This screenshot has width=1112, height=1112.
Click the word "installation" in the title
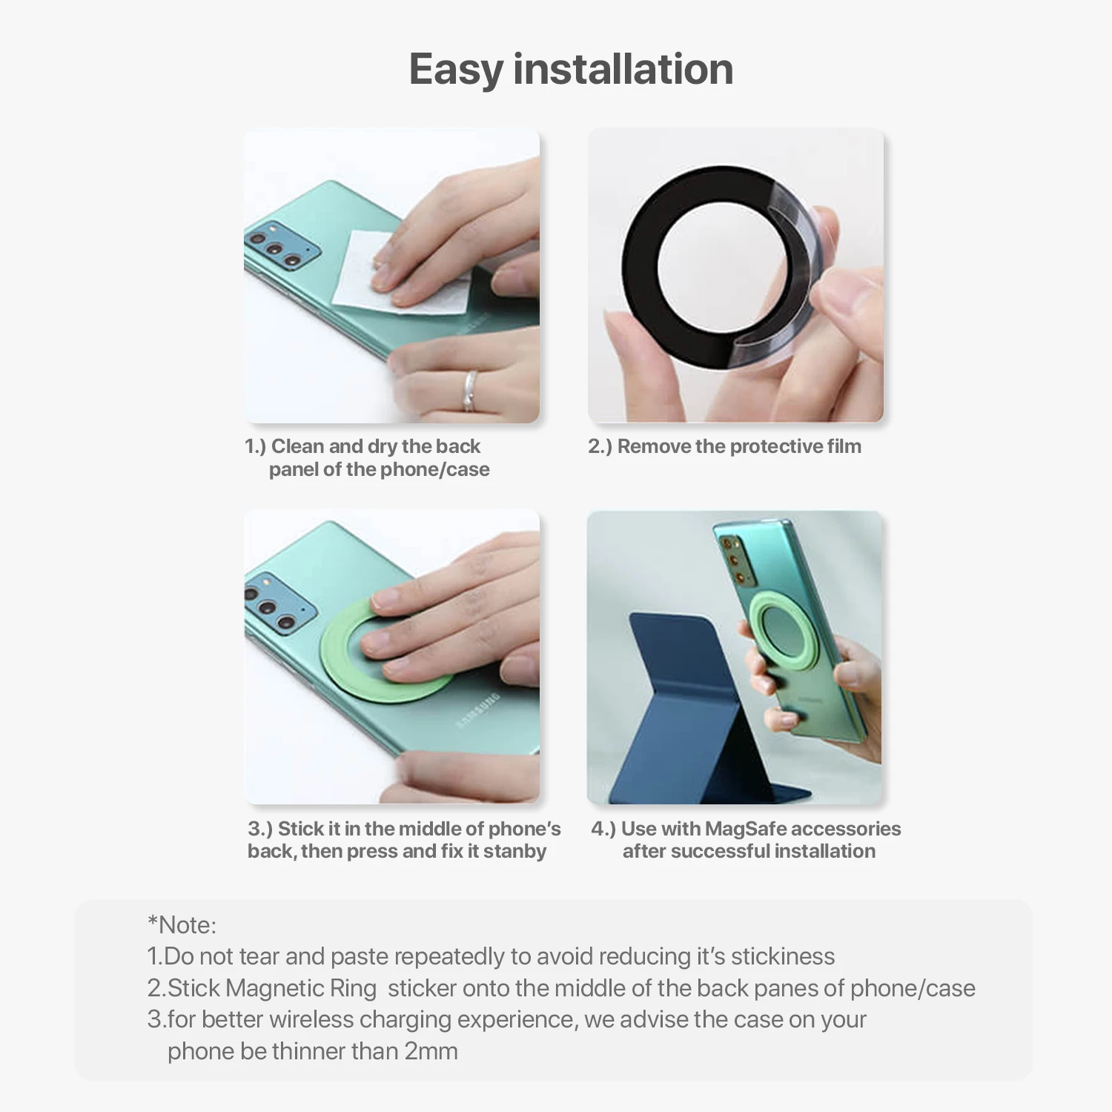623,69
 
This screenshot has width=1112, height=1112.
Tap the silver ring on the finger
470,391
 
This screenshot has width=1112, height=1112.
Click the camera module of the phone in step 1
282,244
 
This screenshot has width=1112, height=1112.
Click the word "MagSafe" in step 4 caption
744,828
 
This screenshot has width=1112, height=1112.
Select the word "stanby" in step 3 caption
514,851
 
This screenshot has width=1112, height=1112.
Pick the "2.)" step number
600,446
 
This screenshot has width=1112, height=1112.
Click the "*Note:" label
182,925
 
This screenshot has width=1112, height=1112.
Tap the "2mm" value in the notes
431,1051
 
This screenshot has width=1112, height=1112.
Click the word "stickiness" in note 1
783,956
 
